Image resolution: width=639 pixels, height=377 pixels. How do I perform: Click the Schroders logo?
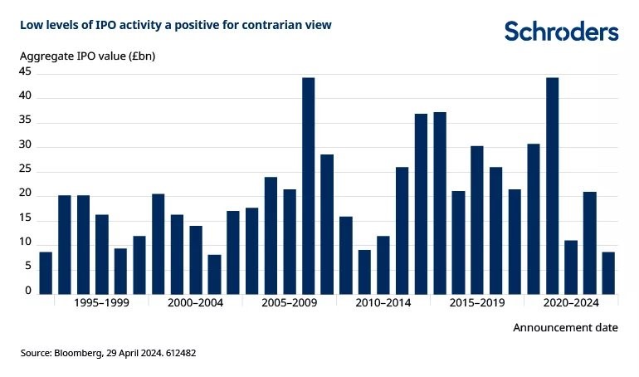561,32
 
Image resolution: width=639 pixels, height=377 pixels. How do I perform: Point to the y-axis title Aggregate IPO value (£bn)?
88,56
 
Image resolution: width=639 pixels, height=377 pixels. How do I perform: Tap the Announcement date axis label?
565,327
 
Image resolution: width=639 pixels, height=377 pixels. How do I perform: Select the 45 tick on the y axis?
25,72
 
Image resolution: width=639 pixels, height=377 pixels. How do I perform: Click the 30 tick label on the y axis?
25,146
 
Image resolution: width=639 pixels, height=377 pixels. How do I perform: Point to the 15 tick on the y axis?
25,218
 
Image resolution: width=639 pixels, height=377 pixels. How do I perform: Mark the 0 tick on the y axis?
28,291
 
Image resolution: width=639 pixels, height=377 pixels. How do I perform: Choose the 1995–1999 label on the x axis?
102,304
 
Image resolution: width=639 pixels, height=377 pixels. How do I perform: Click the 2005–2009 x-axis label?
290,304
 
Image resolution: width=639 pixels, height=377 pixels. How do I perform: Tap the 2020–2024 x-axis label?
572,304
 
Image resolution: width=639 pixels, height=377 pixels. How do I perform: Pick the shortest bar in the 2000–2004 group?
214,274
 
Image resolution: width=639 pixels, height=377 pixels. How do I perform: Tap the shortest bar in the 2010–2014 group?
364,272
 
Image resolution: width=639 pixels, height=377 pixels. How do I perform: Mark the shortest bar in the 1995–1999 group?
120,271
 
